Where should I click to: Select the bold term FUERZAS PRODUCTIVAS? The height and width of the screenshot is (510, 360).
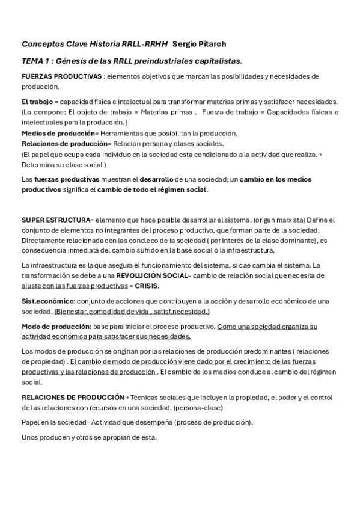click(x=61, y=76)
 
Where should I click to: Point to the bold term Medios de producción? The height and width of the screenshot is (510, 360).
click(x=58, y=133)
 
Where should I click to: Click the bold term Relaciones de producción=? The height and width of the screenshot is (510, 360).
click(x=64, y=144)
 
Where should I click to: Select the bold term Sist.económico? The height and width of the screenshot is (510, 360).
click(x=47, y=301)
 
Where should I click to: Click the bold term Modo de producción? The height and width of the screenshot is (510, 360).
click(x=56, y=326)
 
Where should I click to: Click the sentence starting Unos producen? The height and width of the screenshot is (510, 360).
click(x=89, y=437)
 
